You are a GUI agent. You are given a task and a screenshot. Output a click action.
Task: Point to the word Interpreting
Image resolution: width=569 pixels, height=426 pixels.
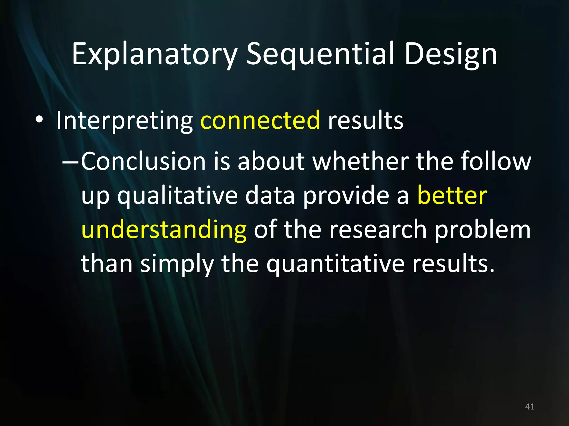tap(124, 121)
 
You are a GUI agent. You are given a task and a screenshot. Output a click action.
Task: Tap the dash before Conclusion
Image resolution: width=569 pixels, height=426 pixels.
tap(71, 161)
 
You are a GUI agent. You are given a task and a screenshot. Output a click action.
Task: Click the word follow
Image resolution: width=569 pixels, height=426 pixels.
tap(496, 161)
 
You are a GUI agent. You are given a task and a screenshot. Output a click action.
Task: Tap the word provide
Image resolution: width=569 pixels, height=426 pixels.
tap(346, 196)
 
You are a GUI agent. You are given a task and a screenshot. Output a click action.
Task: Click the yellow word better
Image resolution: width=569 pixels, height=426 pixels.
tap(452, 196)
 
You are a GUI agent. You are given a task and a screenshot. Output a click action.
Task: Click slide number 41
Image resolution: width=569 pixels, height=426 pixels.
tap(530, 407)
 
